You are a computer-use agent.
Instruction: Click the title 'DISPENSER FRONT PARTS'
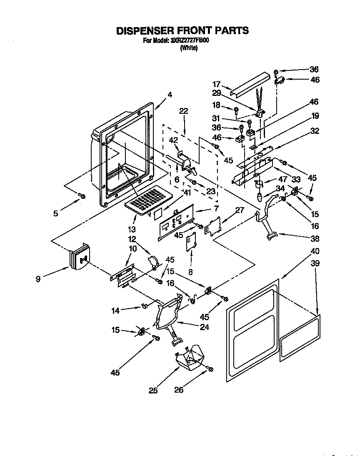[x=182, y=30]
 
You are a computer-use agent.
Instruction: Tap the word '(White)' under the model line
[x=188, y=48]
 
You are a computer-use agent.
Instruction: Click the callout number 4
[x=170, y=95]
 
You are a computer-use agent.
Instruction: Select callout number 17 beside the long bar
[x=216, y=84]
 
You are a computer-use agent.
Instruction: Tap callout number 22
[x=184, y=111]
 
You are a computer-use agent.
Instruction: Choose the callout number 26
[x=178, y=390]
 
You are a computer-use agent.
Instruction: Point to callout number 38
[x=315, y=239]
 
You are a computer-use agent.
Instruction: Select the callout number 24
[x=204, y=327]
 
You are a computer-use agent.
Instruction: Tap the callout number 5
[x=56, y=214]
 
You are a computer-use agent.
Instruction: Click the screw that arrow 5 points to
[x=82, y=196]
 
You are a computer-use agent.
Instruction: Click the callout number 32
[x=315, y=131]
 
